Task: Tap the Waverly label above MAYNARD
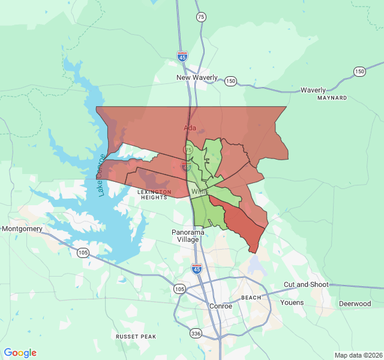pos(313,90)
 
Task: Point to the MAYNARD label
pos(332,98)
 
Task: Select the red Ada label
pos(190,128)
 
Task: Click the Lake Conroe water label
pos(101,175)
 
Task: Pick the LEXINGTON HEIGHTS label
pos(155,194)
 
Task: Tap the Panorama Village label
pos(188,236)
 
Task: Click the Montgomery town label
pos(22,229)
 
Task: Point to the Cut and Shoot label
pos(306,284)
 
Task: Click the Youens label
pos(292,302)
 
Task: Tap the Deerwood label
pos(355,304)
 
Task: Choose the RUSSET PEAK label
pos(136,337)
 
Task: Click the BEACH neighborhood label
pos(251,298)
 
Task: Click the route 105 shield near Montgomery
pos(82,253)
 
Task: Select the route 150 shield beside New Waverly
pos(230,80)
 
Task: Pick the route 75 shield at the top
pos(200,17)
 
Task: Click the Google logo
pos(20,353)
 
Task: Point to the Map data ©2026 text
pos(358,355)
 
